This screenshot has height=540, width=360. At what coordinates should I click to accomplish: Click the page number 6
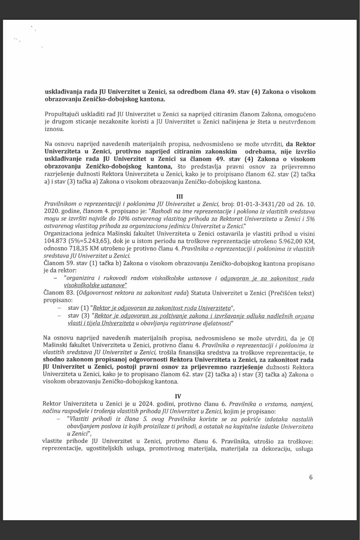pos(311,477)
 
